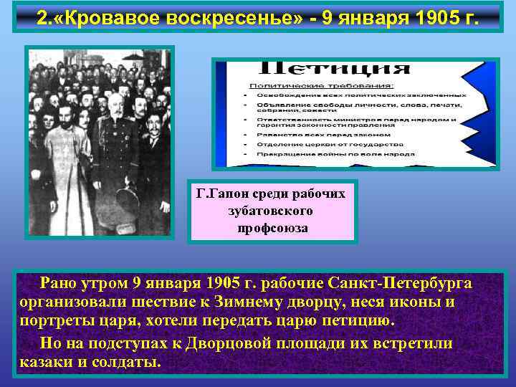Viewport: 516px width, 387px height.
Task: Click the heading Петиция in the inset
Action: click(333, 70)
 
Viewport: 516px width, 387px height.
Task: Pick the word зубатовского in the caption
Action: click(271, 211)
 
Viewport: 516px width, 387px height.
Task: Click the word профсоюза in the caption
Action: click(272, 229)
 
